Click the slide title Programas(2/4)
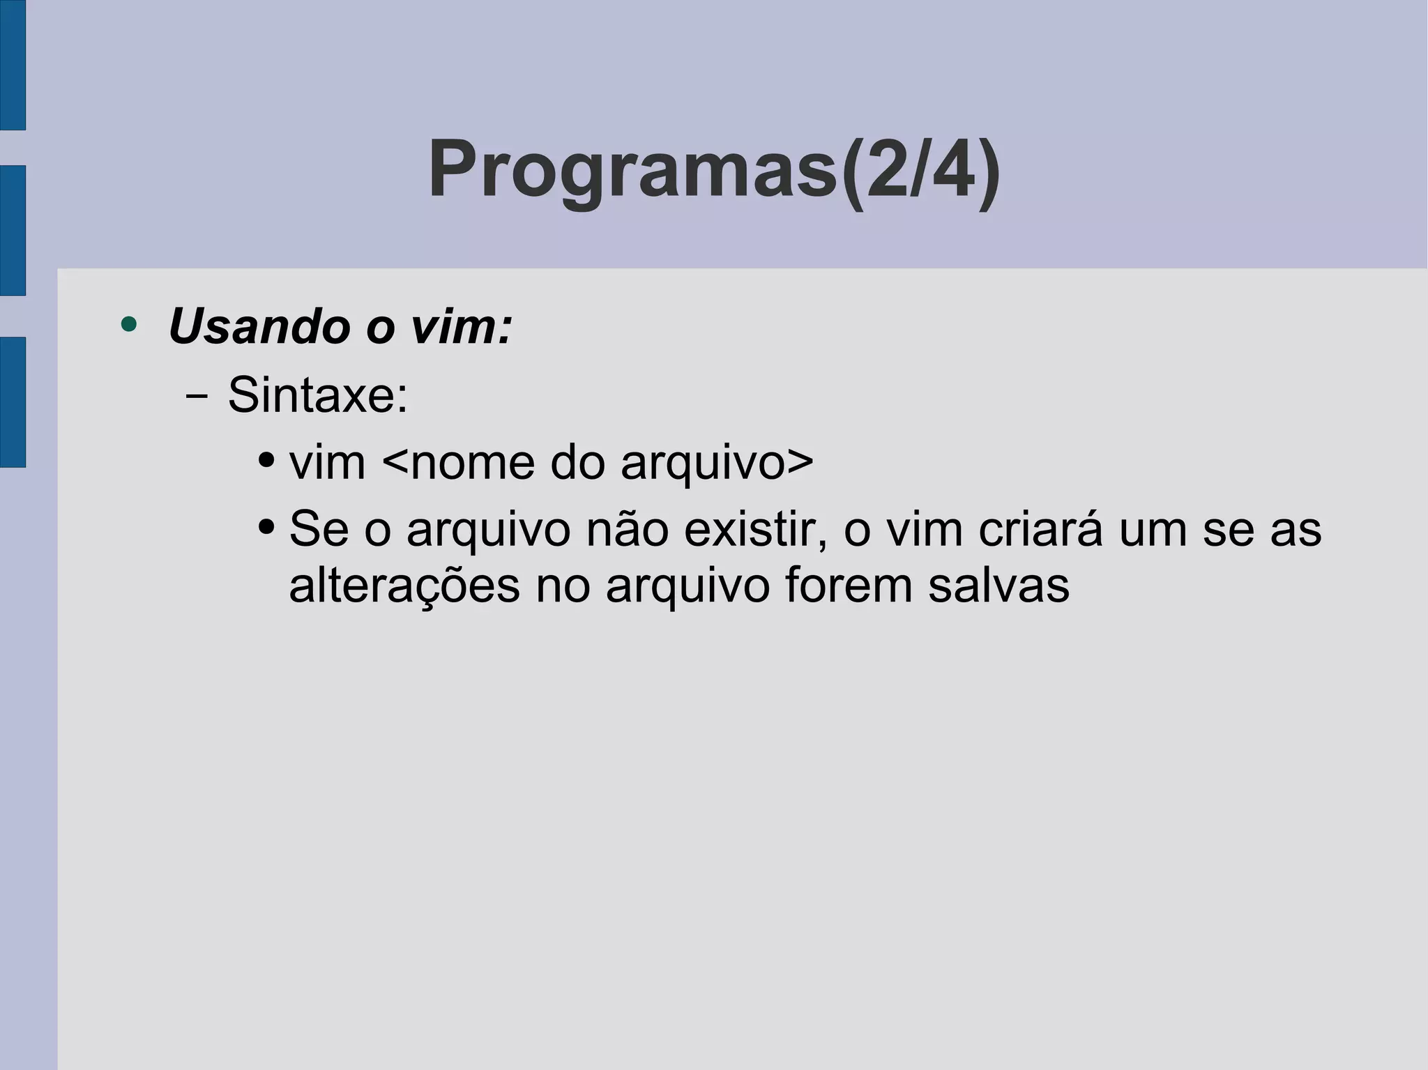point(714,169)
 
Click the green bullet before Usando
point(128,324)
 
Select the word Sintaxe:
point(318,395)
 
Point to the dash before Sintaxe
point(197,397)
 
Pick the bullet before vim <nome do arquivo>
point(266,461)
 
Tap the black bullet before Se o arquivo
point(266,528)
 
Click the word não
point(627,529)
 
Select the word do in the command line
point(577,462)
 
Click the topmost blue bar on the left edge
point(13,65)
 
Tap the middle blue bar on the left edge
point(13,231)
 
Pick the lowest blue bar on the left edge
point(13,402)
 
